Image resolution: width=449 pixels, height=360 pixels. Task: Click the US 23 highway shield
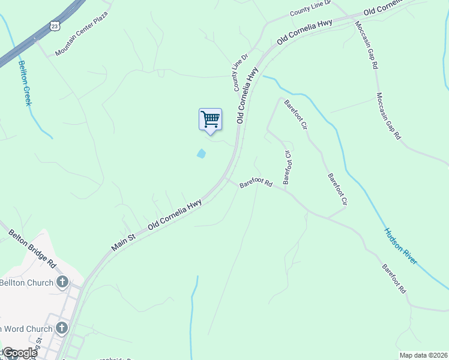55,26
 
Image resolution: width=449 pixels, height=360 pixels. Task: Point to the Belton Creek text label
25,83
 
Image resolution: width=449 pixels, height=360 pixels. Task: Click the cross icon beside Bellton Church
62,282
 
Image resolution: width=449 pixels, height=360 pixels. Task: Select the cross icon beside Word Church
62,328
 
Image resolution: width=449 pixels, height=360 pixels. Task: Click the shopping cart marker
210,119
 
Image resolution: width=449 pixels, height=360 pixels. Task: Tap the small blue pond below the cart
201,154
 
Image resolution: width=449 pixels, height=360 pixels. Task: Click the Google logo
19,353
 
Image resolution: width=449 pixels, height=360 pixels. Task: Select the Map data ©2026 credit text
423,355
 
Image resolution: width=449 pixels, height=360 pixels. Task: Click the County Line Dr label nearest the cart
241,73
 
